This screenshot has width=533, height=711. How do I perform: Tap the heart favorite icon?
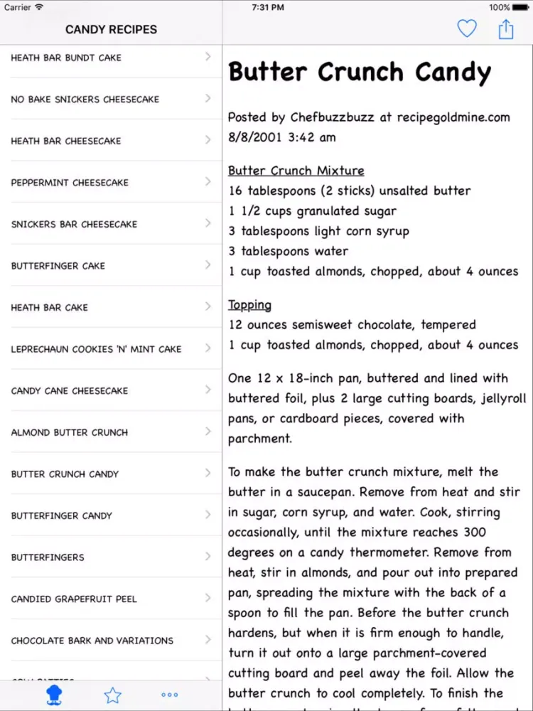point(466,28)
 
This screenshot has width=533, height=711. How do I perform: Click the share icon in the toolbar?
point(505,29)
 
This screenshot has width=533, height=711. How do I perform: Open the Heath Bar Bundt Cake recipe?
point(66,58)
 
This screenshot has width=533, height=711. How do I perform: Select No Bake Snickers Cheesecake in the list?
point(85,100)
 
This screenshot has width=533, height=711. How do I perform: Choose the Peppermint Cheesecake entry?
point(70,183)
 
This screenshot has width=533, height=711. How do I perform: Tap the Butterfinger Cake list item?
point(58,266)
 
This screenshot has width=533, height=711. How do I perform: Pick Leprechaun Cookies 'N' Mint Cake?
point(96,349)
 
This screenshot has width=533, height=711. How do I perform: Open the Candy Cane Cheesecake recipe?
point(70,391)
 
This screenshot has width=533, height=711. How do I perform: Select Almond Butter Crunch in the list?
point(70,432)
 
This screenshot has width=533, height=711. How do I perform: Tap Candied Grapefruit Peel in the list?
point(74,599)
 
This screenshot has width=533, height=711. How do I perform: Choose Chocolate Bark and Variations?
point(92,641)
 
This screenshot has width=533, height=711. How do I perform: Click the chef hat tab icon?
point(54,695)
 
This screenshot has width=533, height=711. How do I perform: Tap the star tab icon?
point(112,695)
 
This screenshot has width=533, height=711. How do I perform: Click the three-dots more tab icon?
point(169,695)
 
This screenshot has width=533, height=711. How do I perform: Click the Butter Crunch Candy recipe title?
point(360,72)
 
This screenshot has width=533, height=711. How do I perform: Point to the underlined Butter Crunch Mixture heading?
point(296,171)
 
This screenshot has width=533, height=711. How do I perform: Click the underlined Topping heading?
point(249,305)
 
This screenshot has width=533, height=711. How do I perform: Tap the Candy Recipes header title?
point(111,30)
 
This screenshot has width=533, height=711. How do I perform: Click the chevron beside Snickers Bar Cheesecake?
point(208,223)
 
